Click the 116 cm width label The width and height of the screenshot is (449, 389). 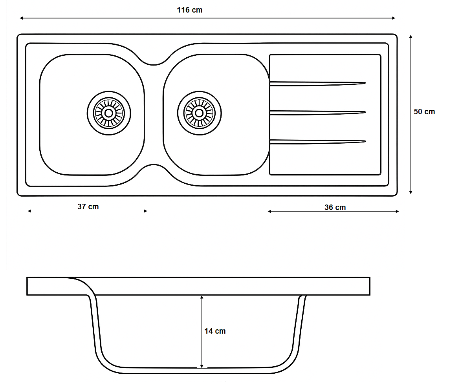[x=190, y=10]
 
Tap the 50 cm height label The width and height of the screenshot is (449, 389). [x=424, y=111]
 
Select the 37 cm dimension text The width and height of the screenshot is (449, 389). [x=88, y=206]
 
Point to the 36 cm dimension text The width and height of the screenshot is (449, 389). [x=335, y=207]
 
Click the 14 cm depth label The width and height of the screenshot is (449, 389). [x=215, y=331]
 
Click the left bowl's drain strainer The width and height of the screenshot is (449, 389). [x=109, y=113]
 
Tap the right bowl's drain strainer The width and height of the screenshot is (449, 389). [x=199, y=113]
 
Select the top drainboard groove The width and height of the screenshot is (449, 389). [x=317, y=84]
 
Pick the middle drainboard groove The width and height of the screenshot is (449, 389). [x=317, y=113]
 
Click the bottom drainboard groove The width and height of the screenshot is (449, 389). [x=317, y=142]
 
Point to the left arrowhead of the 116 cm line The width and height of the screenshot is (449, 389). [x=21, y=18]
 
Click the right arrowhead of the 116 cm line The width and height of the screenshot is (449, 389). [x=394, y=18]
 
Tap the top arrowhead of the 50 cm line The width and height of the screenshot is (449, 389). [x=411, y=37]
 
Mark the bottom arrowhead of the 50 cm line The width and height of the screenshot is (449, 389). [x=411, y=192]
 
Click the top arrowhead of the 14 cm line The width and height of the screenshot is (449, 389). [x=202, y=298]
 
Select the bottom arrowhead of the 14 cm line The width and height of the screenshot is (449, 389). [x=202, y=366]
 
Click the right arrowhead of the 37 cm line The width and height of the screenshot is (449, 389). [x=145, y=211]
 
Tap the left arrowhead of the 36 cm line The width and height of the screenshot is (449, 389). [x=269, y=212]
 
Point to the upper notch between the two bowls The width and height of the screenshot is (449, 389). [x=154, y=64]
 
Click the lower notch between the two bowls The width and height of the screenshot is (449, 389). [x=154, y=166]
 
